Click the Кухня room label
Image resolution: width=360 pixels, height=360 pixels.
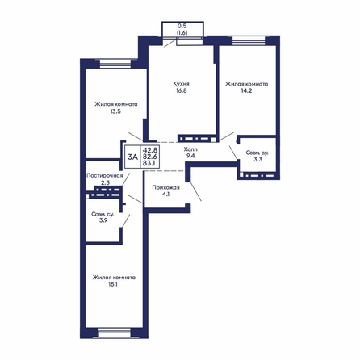(182, 84)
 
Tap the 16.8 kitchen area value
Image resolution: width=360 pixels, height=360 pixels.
(182, 90)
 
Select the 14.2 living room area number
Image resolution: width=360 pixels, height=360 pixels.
(246, 90)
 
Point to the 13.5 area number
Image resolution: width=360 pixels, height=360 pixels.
(115, 111)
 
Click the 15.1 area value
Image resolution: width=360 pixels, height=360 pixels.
(113, 284)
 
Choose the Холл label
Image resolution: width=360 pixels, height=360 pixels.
(190, 149)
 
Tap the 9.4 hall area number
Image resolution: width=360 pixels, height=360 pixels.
(190, 156)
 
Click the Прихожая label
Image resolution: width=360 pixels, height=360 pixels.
(165, 187)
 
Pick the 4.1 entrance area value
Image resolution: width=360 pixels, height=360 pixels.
(165, 194)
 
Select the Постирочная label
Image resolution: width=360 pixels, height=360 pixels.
(105, 176)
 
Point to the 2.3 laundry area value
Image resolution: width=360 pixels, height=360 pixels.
(105, 182)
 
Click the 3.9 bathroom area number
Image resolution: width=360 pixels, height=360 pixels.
(103, 220)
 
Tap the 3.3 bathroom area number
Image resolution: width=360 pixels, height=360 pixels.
(257, 159)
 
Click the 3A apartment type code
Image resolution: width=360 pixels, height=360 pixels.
(132, 157)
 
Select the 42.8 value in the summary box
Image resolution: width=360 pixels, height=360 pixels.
(150, 149)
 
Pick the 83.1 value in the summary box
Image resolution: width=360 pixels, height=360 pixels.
(150, 163)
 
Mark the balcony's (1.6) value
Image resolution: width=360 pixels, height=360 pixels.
(182, 32)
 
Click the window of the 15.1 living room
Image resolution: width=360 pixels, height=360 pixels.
(115, 333)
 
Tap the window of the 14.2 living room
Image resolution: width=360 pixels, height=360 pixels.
(249, 40)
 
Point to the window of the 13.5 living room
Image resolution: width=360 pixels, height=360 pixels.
(115, 64)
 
